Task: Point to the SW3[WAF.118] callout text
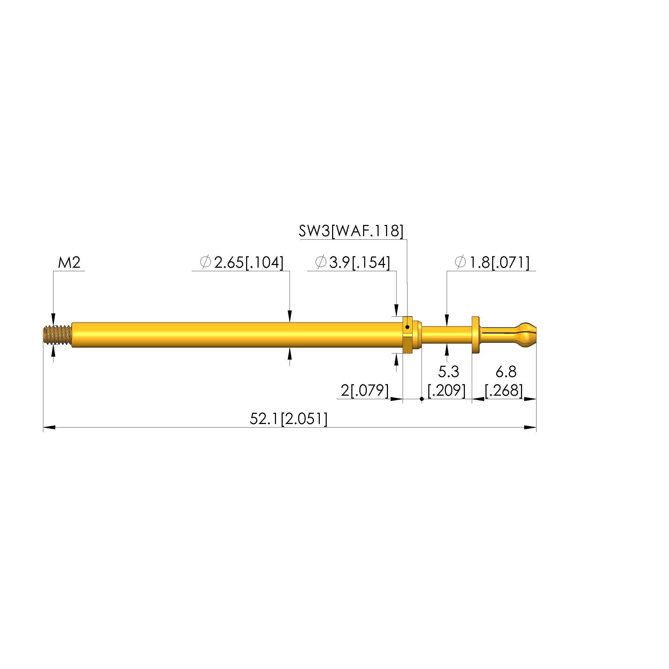pyautogui.click(x=351, y=231)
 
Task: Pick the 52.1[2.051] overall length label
pyautogui.click(x=289, y=419)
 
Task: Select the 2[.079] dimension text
pyautogui.click(x=365, y=391)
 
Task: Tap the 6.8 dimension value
pyautogui.click(x=506, y=372)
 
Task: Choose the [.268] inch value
pyautogui.click(x=504, y=391)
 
